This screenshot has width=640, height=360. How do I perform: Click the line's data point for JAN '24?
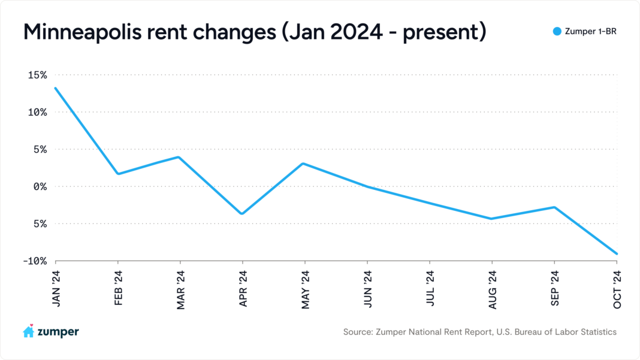click(x=56, y=88)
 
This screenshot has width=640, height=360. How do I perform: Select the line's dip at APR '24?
click(x=242, y=214)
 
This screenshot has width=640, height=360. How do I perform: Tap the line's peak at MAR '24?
click(x=180, y=157)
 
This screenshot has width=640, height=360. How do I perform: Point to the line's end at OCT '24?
click(x=617, y=254)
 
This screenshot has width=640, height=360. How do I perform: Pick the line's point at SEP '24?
click(x=554, y=207)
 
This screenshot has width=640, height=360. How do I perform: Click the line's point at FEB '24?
click(x=118, y=174)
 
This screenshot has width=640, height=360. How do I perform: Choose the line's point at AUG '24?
click(x=492, y=219)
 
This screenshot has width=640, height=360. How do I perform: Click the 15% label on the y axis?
click(x=36, y=75)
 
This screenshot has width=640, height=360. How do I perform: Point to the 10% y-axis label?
click(x=36, y=112)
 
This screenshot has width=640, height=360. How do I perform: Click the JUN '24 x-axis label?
click(x=367, y=289)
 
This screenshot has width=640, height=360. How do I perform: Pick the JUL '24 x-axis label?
click(x=430, y=289)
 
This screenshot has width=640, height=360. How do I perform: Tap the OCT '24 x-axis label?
click(x=617, y=289)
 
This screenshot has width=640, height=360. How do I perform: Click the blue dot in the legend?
click(x=557, y=32)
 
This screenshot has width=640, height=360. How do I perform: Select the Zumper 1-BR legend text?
click(x=590, y=32)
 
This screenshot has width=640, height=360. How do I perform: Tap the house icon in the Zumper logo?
click(x=28, y=331)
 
